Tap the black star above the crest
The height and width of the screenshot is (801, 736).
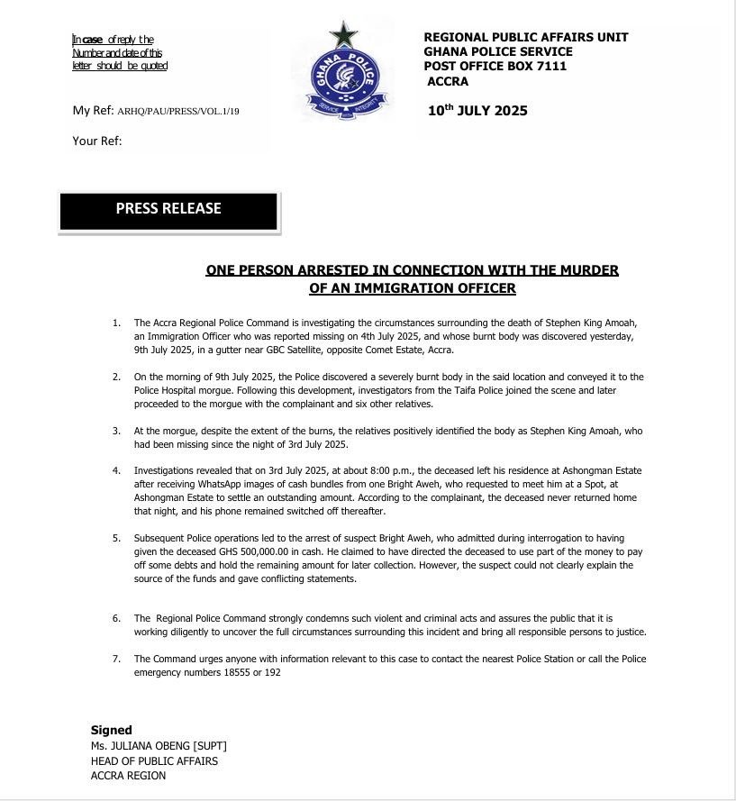(343, 35)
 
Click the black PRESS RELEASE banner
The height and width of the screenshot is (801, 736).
(168, 209)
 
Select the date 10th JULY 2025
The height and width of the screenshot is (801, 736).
(478, 111)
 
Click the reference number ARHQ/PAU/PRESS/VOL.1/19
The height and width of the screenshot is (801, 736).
(178, 112)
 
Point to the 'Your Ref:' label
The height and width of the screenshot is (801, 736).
(97, 141)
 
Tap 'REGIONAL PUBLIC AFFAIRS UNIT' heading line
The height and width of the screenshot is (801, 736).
(525, 37)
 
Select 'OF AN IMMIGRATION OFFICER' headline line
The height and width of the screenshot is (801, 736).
(412, 288)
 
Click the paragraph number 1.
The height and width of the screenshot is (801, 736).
(116, 323)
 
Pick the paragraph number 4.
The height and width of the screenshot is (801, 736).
(116, 470)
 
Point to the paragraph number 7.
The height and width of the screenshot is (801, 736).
(116, 659)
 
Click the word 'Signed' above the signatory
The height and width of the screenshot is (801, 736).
(112, 730)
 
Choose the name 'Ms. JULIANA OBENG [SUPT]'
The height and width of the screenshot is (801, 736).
(159, 745)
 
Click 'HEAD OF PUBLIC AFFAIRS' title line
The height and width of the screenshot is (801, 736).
(154, 760)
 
